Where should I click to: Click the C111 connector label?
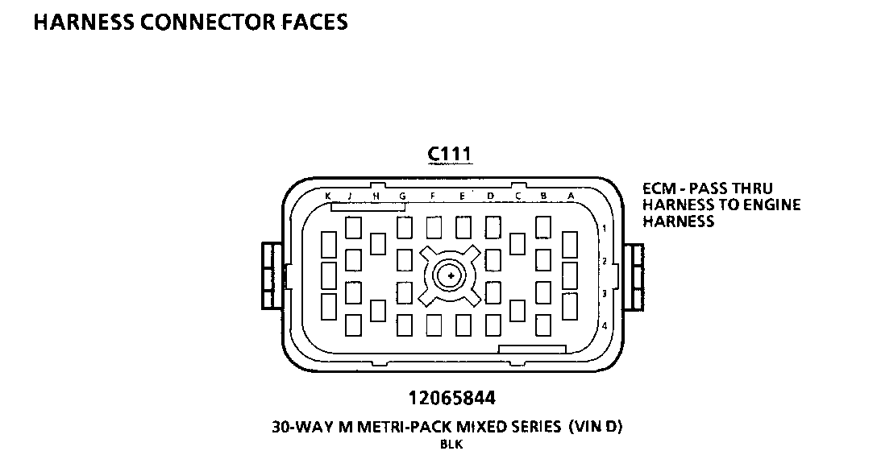click(450, 154)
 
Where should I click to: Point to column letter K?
click(328, 196)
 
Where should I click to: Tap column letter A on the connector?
click(571, 196)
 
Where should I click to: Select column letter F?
click(433, 196)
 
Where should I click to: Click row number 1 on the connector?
click(604, 229)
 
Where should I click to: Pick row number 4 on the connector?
click(604, 325)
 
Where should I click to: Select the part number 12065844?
click(451, 398)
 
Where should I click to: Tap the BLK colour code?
click(451, 443)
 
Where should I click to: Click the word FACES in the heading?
click(310, 22)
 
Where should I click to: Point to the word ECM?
click(658, 188)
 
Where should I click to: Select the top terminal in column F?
click(434, 228)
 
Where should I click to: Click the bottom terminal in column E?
click(463, 325)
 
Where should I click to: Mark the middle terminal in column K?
click(328, 275)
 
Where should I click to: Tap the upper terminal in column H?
click(377, 243)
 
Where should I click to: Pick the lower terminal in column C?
click(517, 309)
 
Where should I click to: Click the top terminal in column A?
click(570, 243)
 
